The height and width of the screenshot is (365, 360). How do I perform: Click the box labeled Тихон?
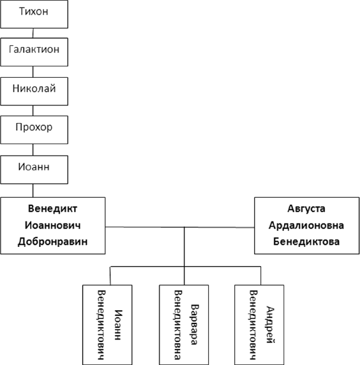pyautogui.click(x=34, y=14)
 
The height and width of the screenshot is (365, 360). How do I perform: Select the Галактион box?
pyautogui.click(x=34, y=52)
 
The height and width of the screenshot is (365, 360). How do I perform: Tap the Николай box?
pyautogui.click(x=34, y=91)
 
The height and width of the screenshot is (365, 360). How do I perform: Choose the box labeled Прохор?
pyautogui.click(x=34, y=130)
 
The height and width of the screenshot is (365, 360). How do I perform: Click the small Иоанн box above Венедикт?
pyautogui.click(x=34, y=170)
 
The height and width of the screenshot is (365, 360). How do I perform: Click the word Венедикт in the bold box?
pyautogui.click(x=52, y=209)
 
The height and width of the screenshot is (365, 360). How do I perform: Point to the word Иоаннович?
pyautogui.click(x=52, y=225)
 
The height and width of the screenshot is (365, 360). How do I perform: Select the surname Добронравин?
pyautogui.click(x=52, y=242)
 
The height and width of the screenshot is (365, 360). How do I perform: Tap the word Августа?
pyautogui.click(x=306, y=209)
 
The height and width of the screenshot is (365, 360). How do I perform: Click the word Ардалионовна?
pyautogui.click(x=306, y=225)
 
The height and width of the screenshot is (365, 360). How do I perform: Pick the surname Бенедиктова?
pyautogui.click(x=306, y=242)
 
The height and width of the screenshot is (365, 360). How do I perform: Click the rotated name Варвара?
pyautogui.click(x=194, y=324)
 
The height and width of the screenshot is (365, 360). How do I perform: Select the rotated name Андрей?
pyautogui.click(x=270, y=325)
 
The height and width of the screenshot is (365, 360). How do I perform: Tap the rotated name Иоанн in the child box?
pyautogui.click(x=118, y=325)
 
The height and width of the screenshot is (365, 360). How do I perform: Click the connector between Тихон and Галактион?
pyautogui.click(x=33, y=33)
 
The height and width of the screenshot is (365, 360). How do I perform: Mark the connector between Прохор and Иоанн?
pyautogui.click(x=33, y=150)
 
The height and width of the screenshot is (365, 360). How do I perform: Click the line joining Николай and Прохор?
pyautogui.click(x=33, y=110)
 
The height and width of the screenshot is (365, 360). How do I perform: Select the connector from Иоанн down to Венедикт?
pyautogui.click(x=33, y=191)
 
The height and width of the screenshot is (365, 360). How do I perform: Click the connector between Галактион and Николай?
pyautogui.click(x=33, y=71)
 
